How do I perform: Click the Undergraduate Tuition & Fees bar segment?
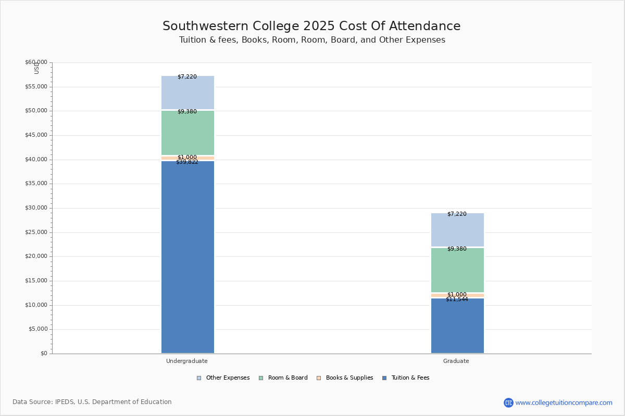[x=187, y=257]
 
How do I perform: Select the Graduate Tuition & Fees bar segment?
[x=457, y=326]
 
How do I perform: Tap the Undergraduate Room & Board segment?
[x=187, y=133]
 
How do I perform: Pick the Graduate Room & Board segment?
[x=457, y=270]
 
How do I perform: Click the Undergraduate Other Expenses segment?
[x=187, y=93]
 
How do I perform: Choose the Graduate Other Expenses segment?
[x=457, y=230]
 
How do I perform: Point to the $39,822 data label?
[x=187, y=162]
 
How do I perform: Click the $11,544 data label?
[x=457, y=300]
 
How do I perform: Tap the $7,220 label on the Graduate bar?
[x=457, y=214]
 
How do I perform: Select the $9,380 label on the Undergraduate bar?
[x=187, y=112]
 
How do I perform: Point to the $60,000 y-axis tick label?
[x=36, y=62]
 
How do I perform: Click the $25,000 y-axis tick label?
[x=36, y=232]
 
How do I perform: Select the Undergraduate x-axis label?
[x=187, y=361]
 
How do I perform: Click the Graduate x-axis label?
[x=456, y=361]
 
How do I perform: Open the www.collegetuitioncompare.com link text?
[x=564, y=402]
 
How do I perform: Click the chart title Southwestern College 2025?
[x=311, y=26]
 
